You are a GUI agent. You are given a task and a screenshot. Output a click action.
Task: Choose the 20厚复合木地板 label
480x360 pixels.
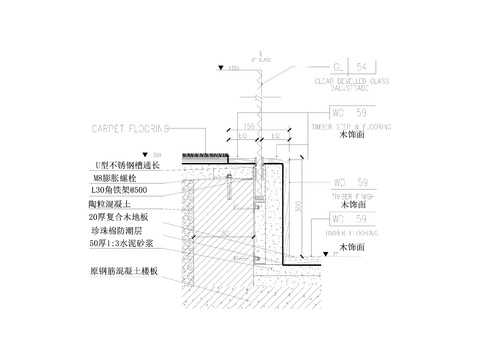coord(118,216)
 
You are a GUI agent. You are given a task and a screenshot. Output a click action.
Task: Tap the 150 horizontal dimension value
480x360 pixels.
coord(244,129)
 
